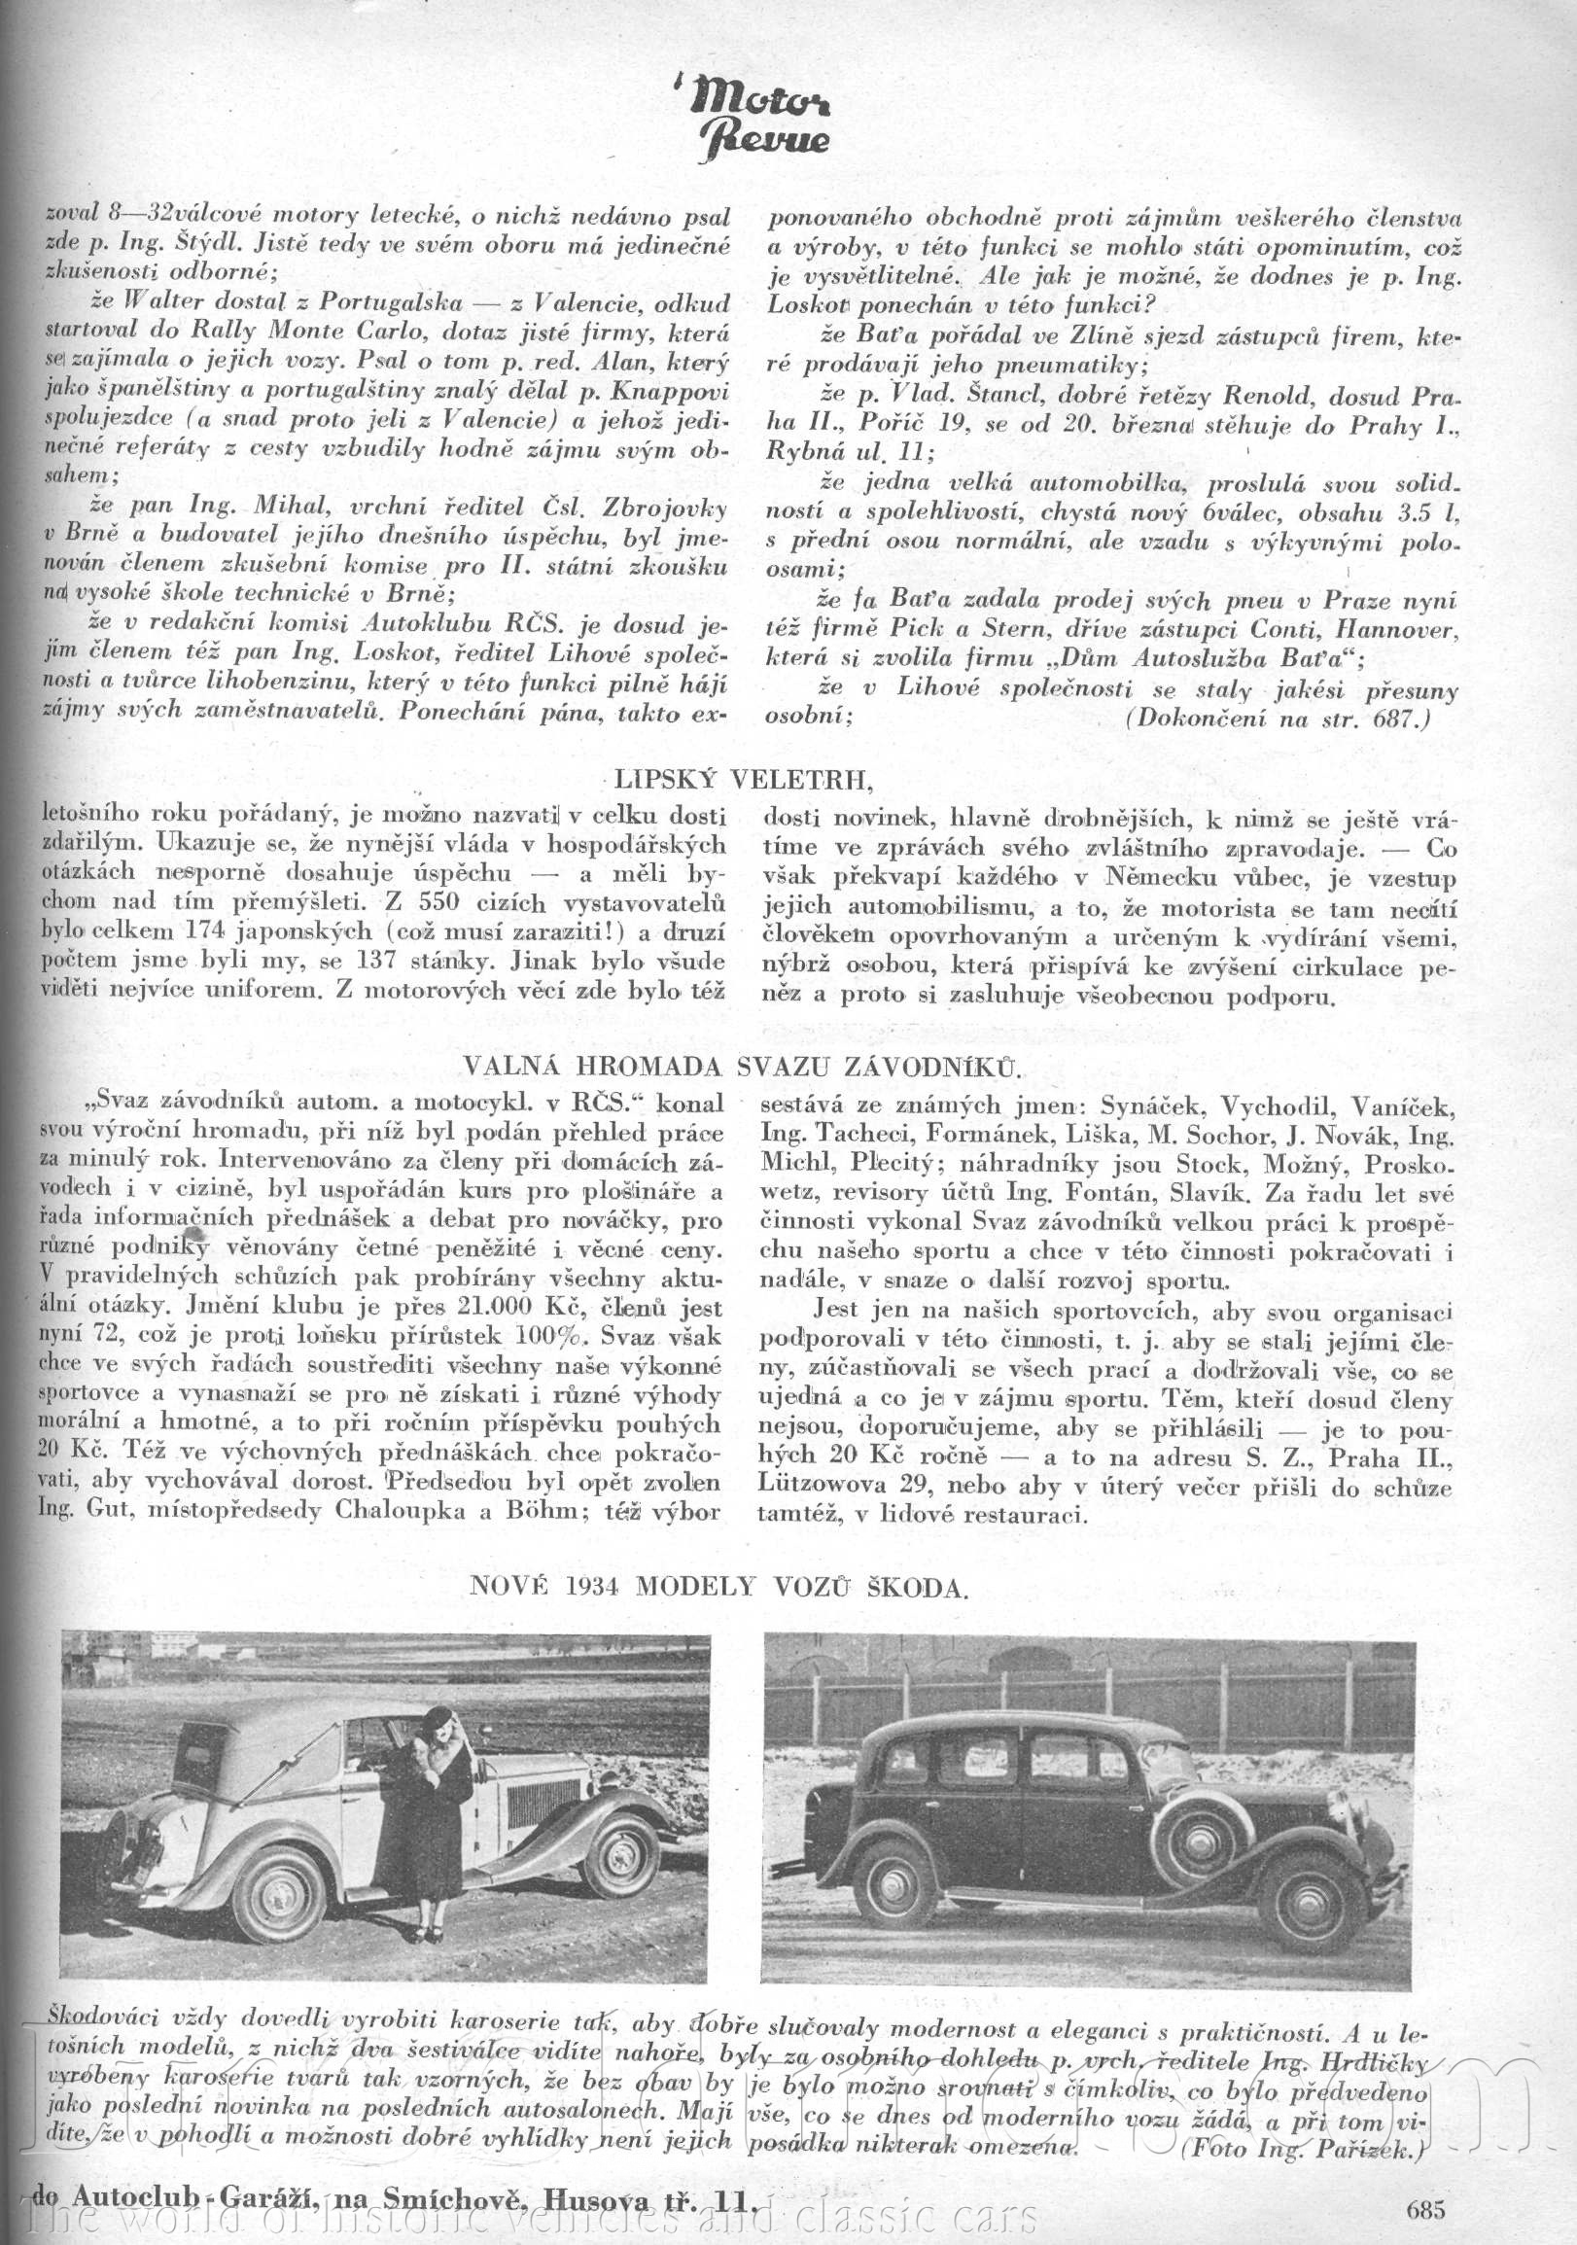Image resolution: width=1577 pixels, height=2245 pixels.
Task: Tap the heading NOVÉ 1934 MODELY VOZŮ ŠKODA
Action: tap(718, 1585)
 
